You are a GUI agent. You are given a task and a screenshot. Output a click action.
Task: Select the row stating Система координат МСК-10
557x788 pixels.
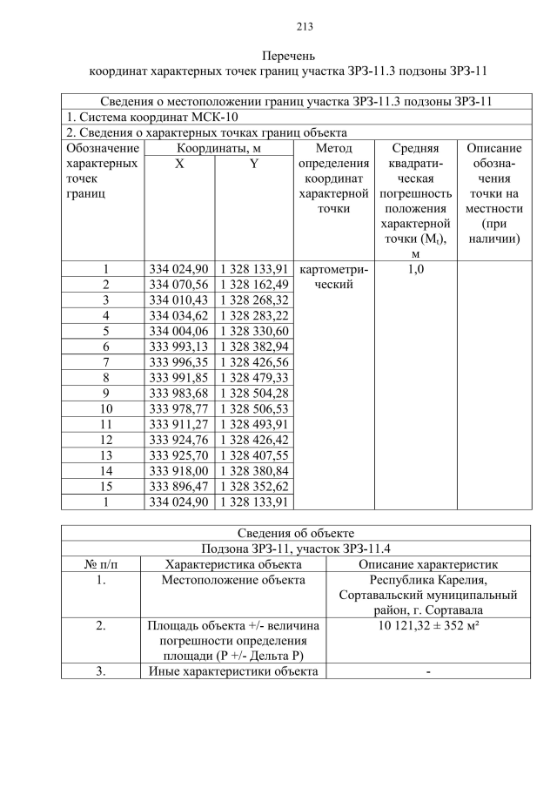152,117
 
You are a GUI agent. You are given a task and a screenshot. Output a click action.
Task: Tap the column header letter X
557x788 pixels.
178,163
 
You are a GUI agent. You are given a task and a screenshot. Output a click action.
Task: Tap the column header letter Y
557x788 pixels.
253,163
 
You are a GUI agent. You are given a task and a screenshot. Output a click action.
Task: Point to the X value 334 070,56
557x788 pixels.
178,284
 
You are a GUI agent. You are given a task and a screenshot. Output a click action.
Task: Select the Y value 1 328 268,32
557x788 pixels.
253,300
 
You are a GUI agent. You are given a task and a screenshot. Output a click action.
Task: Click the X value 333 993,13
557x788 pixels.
178,347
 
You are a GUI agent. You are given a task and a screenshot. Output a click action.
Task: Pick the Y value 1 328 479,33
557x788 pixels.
253,377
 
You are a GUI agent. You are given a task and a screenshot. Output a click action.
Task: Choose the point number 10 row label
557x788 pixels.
105,408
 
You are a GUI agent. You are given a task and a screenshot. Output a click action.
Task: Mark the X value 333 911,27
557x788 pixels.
178,424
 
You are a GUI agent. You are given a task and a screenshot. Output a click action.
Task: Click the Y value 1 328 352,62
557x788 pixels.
253,486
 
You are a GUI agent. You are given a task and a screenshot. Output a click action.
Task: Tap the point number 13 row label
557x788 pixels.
105,455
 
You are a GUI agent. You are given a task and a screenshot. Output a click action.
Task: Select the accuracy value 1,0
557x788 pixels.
415,269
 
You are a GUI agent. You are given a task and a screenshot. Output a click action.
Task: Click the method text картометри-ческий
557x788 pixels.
333,276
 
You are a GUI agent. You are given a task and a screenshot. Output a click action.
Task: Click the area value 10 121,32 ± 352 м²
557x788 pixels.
431,625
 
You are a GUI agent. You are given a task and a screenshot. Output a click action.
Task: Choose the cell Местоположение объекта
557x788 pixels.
233,580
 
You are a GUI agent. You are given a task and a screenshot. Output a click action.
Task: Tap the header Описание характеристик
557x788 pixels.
431,564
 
